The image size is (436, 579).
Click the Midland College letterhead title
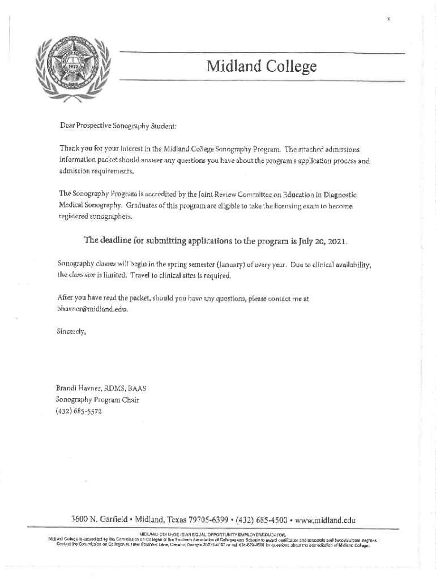pos(261,68)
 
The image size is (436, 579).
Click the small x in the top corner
pos(388,19)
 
